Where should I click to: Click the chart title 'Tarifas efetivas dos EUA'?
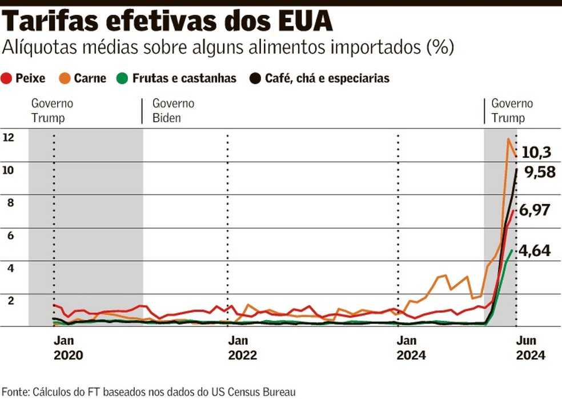168,22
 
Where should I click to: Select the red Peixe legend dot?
7,78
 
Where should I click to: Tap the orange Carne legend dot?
65,78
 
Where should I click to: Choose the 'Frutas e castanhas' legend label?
184,78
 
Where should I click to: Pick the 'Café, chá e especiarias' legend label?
327,78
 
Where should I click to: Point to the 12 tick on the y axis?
8,137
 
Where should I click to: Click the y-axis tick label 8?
8,202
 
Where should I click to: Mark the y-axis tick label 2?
8,300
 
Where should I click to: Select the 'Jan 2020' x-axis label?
68,347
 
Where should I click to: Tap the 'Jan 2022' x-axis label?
242,347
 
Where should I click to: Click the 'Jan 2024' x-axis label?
412,347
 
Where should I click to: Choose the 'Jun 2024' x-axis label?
531,347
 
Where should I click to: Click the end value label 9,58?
540,172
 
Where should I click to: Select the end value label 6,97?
535,210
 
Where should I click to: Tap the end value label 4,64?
535,250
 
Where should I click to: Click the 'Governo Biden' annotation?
173,111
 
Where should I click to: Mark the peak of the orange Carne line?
508,139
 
